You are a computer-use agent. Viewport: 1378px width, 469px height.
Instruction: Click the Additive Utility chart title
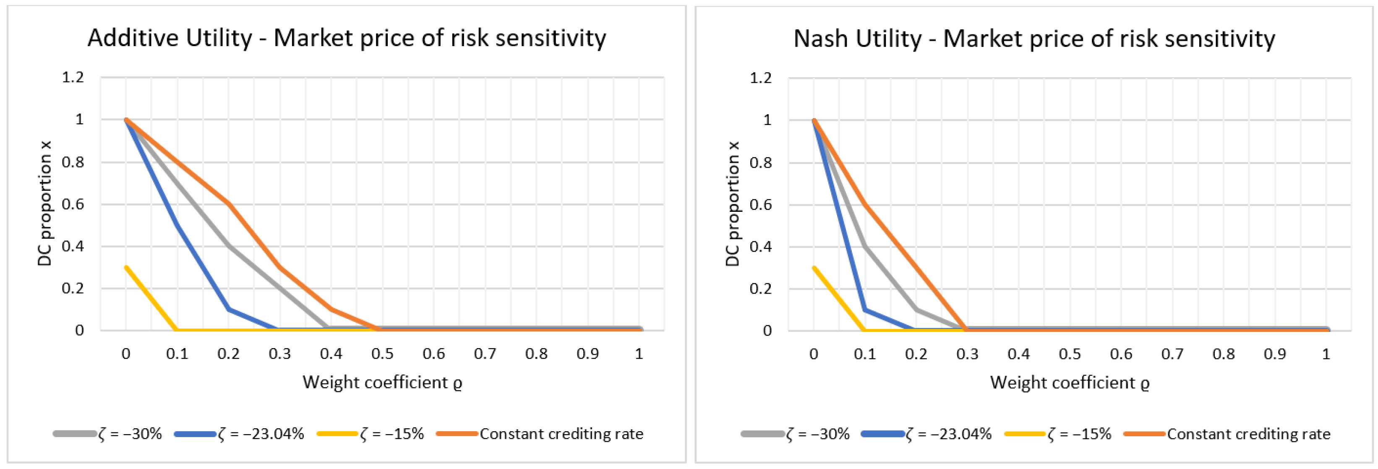(x=347, y=39)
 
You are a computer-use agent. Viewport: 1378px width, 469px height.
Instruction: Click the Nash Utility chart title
(x=1033, y=39)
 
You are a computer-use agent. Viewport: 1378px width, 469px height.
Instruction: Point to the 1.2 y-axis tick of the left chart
(x=73, y=78)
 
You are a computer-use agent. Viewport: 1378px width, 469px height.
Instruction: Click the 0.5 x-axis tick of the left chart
(x=382, y=354)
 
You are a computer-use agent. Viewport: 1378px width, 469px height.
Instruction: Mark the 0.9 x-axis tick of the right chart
(x=1274, y=354)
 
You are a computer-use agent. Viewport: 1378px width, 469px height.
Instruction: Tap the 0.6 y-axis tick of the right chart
(x=760, y=205)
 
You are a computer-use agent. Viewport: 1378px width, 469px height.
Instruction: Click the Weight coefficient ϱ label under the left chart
(x=382, y=382)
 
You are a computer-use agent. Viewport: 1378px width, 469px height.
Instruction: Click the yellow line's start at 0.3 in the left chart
(x=126, y=267)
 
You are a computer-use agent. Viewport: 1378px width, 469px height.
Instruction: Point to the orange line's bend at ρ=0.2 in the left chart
(x=229, y=204)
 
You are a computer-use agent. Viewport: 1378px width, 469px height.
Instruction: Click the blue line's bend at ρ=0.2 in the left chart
(x=229, y=309)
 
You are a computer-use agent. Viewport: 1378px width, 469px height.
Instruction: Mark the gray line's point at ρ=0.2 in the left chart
(x=229, y=246)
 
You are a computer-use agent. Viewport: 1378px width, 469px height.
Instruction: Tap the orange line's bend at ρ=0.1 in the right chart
(x=864, y=204)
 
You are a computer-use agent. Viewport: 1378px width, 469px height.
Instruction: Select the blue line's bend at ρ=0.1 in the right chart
(x=864, y=310)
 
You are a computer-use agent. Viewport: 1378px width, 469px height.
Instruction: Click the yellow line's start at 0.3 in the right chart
(x=814, y=267)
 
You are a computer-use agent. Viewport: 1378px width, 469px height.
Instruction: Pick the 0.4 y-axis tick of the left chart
(x=73, y=247)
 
